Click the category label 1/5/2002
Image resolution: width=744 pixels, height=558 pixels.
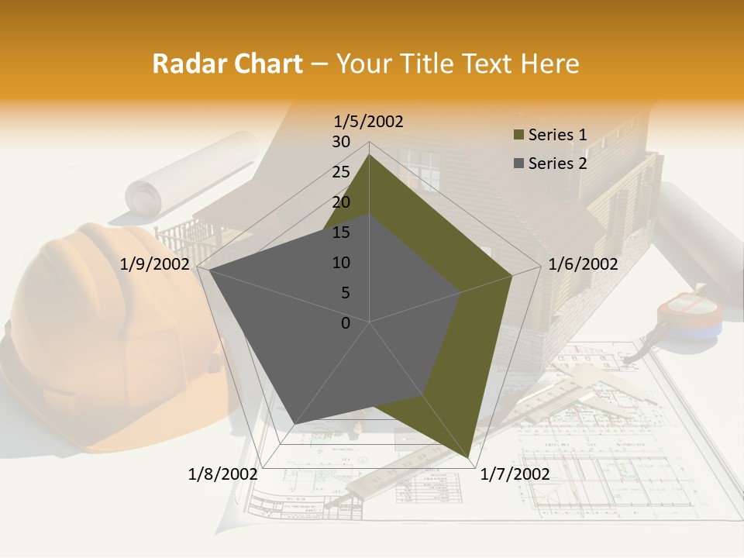[369, 121]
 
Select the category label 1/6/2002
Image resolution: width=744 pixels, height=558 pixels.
[583, 264]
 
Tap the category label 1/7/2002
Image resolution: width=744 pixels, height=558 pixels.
[515, 474]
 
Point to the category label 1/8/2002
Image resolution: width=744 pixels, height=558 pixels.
[223, 474]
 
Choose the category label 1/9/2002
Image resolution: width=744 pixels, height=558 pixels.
[155, 264]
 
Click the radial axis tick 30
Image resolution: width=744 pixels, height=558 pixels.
[341, 142]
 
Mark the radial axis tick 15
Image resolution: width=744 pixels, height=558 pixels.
[341, 232]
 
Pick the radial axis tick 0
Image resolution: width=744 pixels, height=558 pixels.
[346, 323]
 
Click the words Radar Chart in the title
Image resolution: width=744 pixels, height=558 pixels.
[227, 64]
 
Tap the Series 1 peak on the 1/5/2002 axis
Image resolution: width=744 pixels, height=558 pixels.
[369, 155]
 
